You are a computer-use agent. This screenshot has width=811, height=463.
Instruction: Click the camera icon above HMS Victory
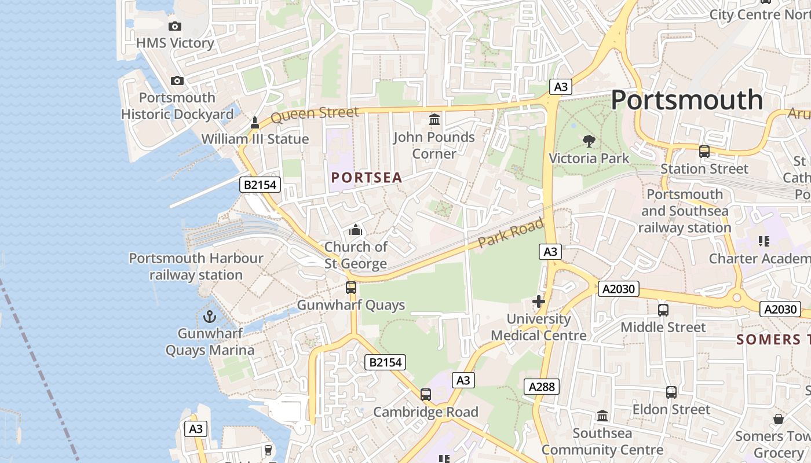(174, 26)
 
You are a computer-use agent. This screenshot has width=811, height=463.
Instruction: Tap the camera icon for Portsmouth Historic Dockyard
(177, 80)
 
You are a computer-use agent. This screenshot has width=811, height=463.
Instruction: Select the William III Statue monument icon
(254, 123)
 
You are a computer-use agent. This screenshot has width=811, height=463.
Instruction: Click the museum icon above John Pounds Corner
(434, 120)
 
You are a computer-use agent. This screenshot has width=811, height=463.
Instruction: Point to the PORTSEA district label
(367, 178)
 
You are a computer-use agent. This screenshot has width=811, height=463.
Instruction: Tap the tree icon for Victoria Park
(589, 141)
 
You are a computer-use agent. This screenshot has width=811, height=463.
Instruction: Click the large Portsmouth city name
(687, 100)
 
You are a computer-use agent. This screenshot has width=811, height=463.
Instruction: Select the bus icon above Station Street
(704, 152)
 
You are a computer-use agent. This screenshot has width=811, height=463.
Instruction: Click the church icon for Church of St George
(356, 230)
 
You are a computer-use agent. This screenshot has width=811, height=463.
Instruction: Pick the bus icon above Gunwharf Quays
(351, 288)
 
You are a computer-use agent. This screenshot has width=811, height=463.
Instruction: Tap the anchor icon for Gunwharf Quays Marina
(210, 317)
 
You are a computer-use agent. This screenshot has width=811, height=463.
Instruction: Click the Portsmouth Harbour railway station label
(196, 266)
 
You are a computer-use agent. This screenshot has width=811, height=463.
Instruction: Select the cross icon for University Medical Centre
(539, 302)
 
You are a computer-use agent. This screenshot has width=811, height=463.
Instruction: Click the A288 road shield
(542, 387)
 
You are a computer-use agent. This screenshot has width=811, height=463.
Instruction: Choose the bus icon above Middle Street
(663, 310)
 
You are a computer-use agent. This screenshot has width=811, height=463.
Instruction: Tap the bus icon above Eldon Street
(671, 392)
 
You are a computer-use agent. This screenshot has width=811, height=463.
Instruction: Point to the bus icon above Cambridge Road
(426, 395)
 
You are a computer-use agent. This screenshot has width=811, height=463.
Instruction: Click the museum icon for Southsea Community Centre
(602, 416)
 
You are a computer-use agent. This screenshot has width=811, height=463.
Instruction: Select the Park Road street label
(511, 233)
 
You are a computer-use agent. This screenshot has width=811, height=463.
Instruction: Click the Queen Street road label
(315, 114)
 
